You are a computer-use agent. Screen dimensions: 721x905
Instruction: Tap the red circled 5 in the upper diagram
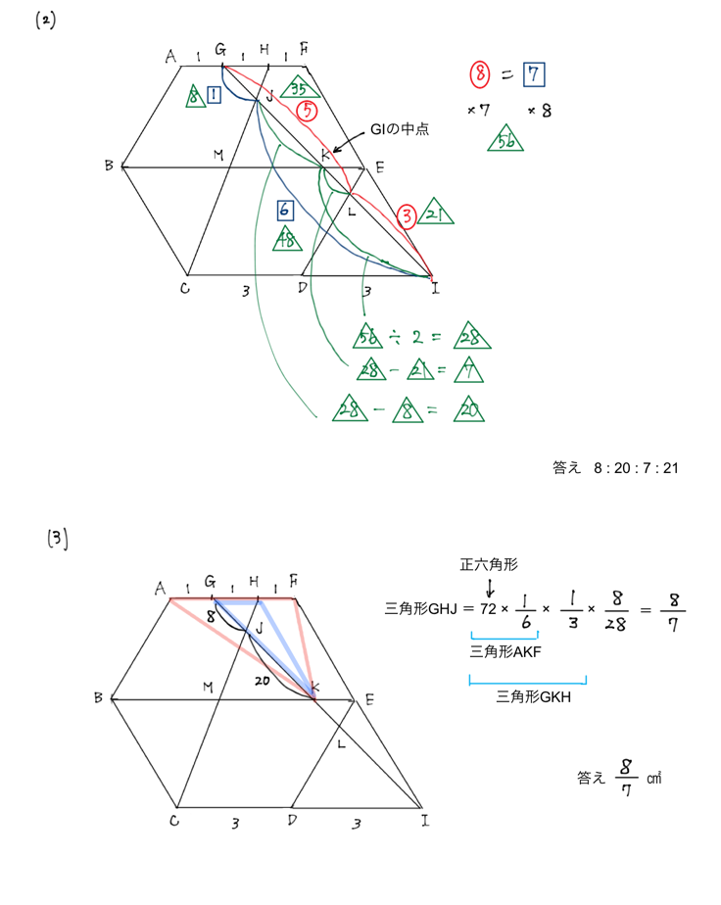(308, 111)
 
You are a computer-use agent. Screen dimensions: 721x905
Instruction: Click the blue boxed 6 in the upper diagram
(283, 209)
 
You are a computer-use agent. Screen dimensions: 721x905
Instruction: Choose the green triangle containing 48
(289, 238)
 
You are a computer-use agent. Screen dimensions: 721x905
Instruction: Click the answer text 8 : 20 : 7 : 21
(636, 468)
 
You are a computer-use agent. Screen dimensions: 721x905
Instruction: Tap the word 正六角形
(489, 564)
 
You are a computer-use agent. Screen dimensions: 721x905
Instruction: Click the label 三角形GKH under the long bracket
(529, 697)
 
